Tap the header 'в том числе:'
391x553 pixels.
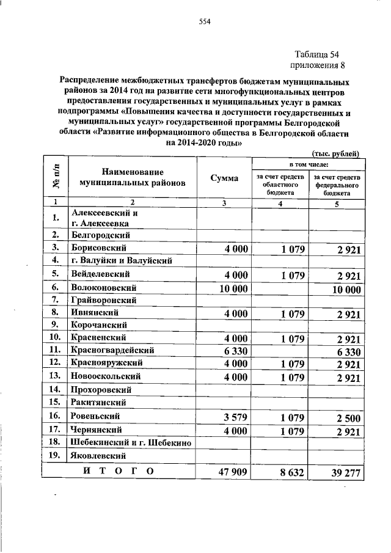309,164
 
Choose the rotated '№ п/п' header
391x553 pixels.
55,178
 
